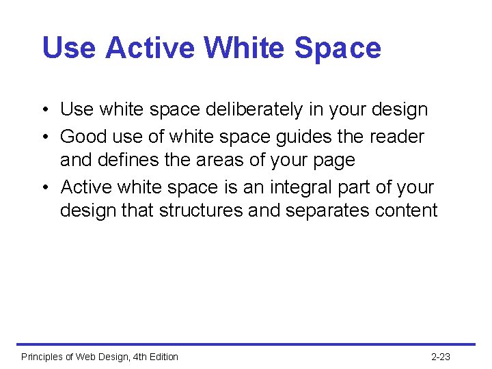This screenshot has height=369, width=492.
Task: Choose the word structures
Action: click(201, 210)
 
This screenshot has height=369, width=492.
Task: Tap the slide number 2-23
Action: click(441, 357)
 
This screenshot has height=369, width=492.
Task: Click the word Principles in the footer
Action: click(42, 357)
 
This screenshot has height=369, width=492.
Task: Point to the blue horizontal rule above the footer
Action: click(246, 344)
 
